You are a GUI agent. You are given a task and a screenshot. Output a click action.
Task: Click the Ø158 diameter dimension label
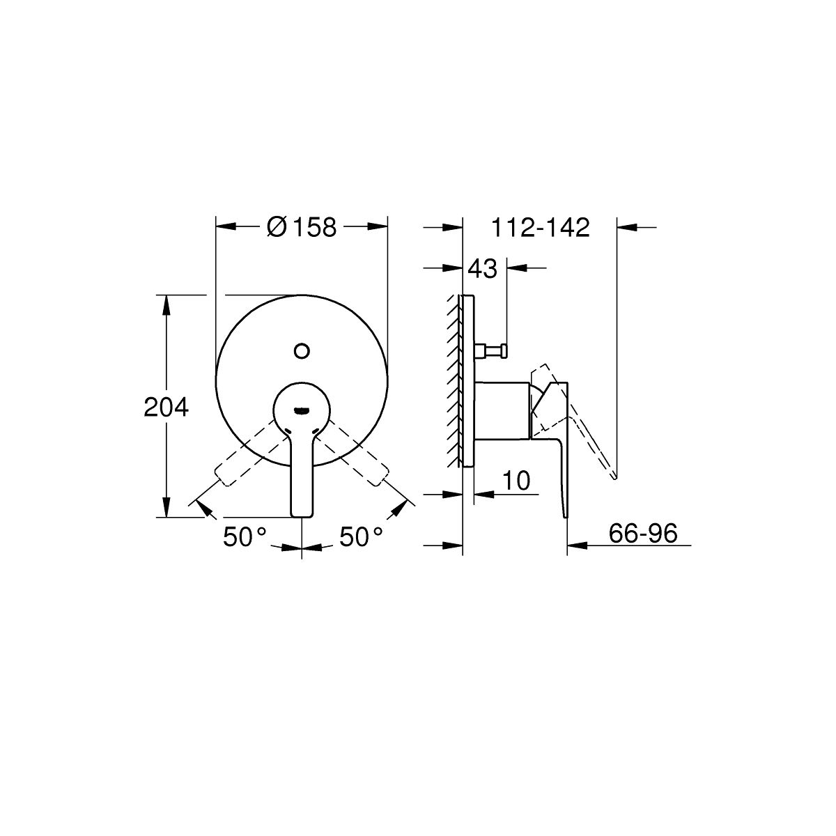pos(302,227)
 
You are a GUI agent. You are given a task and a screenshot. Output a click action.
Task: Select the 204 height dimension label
pos(167,408)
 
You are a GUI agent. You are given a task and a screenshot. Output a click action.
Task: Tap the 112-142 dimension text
pos(540,227)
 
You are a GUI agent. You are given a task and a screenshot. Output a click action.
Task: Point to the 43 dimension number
pos(482,269)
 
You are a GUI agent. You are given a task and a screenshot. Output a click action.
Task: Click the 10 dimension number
pos(516,480)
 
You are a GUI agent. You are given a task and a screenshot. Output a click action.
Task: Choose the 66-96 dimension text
pos(642,533)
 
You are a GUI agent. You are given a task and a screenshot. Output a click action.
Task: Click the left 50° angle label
pos(245,536)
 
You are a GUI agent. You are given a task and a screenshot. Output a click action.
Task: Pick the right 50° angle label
pos(360,536)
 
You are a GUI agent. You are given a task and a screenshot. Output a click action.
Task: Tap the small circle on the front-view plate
pos(302,350)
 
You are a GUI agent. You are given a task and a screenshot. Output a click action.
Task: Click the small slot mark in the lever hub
pos(302,409)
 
